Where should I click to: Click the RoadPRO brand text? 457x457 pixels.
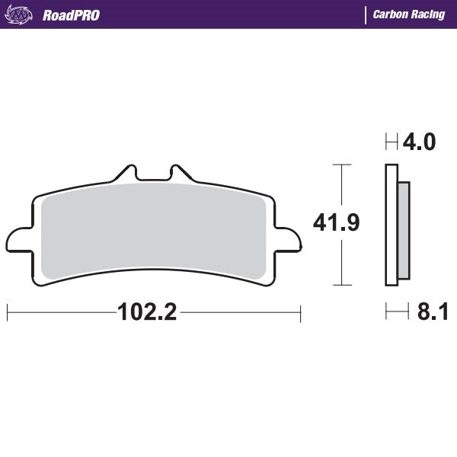click(x=71, y=14)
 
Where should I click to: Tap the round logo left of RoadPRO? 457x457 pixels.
click(x=24, y=14)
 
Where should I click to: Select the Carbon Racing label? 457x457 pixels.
click(x=409, y=14)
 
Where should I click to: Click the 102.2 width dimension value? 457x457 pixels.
click(x=147, y=312)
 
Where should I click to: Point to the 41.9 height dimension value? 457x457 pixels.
click(x=337, y=222)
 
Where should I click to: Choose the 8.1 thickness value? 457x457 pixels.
click(x=432, y=312)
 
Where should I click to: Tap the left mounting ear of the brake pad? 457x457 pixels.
click(x=18, y=238)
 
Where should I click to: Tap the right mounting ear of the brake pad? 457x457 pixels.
click(x=289, y=238)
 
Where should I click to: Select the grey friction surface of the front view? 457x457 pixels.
click(x=152, y=228)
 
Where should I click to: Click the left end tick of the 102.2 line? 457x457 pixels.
click(x=7, y=312)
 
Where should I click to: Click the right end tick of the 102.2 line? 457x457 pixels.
click(x=301, y=312)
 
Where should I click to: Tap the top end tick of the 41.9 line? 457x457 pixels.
click(x=341, y=164)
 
